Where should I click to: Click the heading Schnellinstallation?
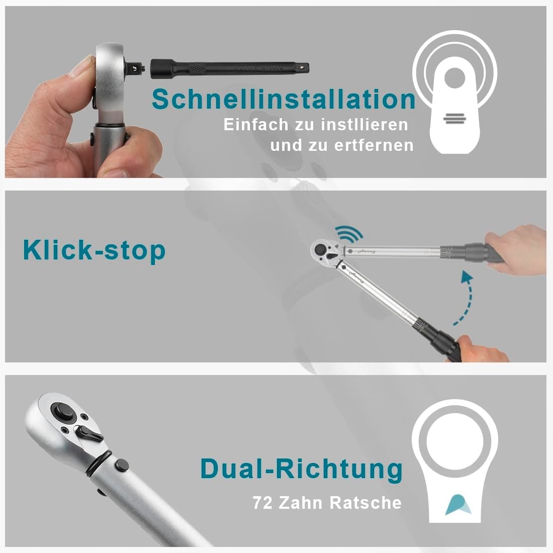point(284,99)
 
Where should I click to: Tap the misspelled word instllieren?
point(364,125)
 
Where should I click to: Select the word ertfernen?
point(374,145)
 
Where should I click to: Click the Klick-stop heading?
point(94,250)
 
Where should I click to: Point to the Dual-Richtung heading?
point(302,469)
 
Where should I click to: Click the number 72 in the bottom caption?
point(263,503)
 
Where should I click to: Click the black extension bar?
point(230,68)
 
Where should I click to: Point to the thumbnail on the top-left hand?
point(81,66)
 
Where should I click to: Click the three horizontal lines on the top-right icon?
point(454,119)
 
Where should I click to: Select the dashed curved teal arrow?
point(465,297)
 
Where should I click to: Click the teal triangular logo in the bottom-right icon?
point(458,504)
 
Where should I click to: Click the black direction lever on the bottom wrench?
point(88,435)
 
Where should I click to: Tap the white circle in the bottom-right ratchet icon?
point(454,441)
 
